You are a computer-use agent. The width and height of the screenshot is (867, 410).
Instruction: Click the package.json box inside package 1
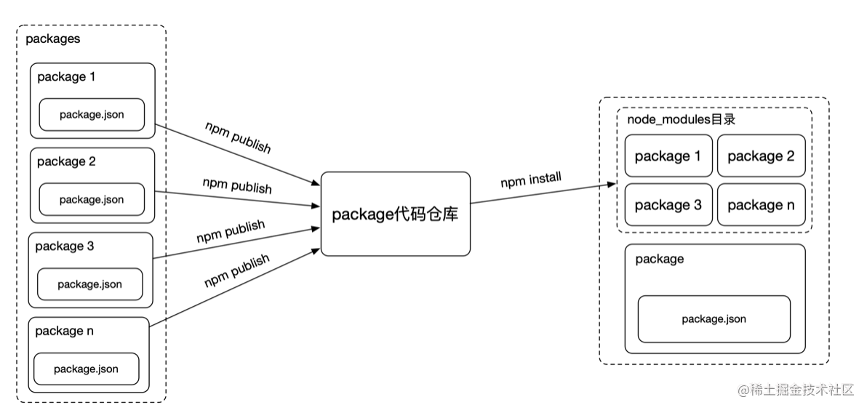92,115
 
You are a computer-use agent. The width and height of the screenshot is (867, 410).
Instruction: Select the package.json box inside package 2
92,200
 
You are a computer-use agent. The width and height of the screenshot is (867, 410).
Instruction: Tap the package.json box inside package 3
90,284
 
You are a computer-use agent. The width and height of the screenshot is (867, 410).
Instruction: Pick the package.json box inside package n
86,369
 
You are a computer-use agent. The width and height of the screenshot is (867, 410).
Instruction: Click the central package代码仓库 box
395,214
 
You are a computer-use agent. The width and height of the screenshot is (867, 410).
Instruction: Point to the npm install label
531,180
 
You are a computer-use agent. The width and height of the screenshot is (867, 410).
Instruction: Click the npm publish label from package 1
237,137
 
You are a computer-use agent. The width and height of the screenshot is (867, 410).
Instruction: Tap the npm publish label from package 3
231,232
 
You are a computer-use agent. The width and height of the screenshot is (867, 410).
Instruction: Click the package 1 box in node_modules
668,156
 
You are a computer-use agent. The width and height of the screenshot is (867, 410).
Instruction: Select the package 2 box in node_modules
761,156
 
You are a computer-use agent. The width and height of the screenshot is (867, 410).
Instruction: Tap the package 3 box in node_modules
668,205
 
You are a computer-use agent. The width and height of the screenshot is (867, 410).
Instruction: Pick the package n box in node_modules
761,205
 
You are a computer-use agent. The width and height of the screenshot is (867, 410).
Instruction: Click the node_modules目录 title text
681,120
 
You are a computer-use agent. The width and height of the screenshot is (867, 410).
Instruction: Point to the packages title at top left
53,39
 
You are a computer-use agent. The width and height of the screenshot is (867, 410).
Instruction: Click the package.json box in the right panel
714,319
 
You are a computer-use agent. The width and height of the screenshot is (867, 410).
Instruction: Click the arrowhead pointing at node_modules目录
612,185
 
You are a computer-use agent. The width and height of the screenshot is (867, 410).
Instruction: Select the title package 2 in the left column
66,161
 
